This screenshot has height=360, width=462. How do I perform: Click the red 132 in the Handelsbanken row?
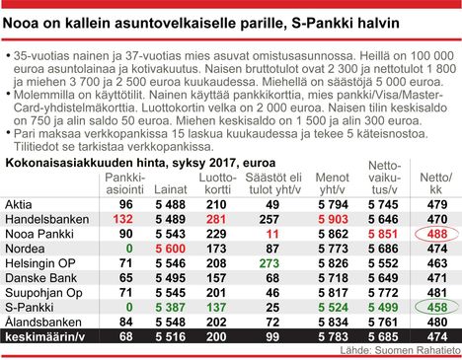coord(124,218)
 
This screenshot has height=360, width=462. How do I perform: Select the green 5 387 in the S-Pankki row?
coord(172,308)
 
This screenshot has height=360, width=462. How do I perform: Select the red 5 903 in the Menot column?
coord(331,218)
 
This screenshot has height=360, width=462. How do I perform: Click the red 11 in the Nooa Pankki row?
coord(272,233)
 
